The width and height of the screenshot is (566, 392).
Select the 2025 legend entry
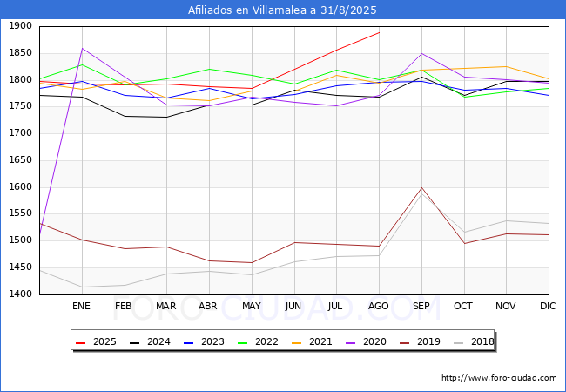[x=96, y=341]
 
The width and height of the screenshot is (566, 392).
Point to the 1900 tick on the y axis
[x=20, y=26]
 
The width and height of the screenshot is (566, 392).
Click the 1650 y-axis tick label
[x=20, y=160]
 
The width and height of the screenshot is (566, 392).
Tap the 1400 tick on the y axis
[x=20, y=294]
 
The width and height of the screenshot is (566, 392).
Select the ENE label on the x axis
[x=81, y=306]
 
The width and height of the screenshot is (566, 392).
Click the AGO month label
[x=378, y=306]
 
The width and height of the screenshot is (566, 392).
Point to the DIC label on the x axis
[x=548, y=306]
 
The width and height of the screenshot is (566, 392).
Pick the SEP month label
[x=421, y=306]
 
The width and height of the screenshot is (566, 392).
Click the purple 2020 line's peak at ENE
[x=83, y=49]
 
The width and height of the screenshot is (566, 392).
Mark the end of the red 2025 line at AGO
[x=379, y=32]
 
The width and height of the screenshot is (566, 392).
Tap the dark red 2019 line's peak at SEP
[x=421, y=187]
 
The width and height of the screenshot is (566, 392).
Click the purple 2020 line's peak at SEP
[x=421, y=54]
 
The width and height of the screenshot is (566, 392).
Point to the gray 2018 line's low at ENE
[x=83, y=287]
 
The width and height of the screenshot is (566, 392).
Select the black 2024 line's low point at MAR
[x=167, y=117]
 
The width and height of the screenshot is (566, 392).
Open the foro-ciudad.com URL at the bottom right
[x=499, y=378]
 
